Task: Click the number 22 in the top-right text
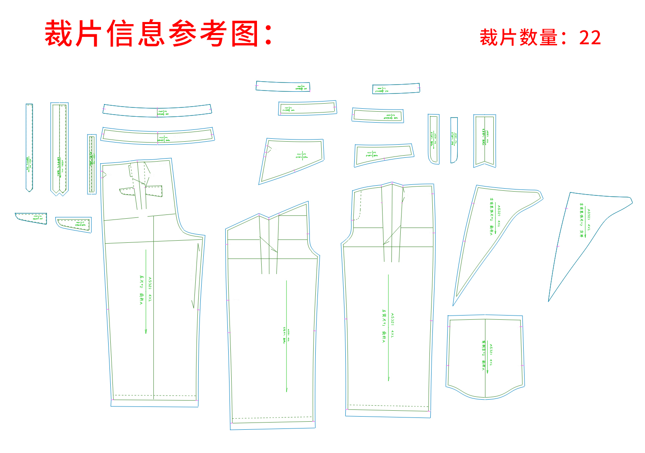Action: point(590,38)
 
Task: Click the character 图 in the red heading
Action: point(245,34)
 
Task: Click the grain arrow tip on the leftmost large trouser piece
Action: point(146,332)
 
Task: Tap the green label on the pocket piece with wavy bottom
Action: point(486,355)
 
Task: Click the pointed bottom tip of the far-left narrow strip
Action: point(29,191)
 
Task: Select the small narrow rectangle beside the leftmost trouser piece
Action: point(92,164)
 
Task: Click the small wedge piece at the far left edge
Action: point(31,218)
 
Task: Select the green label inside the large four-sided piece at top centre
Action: point(302,156)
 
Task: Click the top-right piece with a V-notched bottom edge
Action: point(484,140)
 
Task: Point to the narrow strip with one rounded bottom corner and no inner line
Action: point(454,140)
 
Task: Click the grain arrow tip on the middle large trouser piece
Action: point(287,390)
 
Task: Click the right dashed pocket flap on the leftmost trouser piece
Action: point(154,191)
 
